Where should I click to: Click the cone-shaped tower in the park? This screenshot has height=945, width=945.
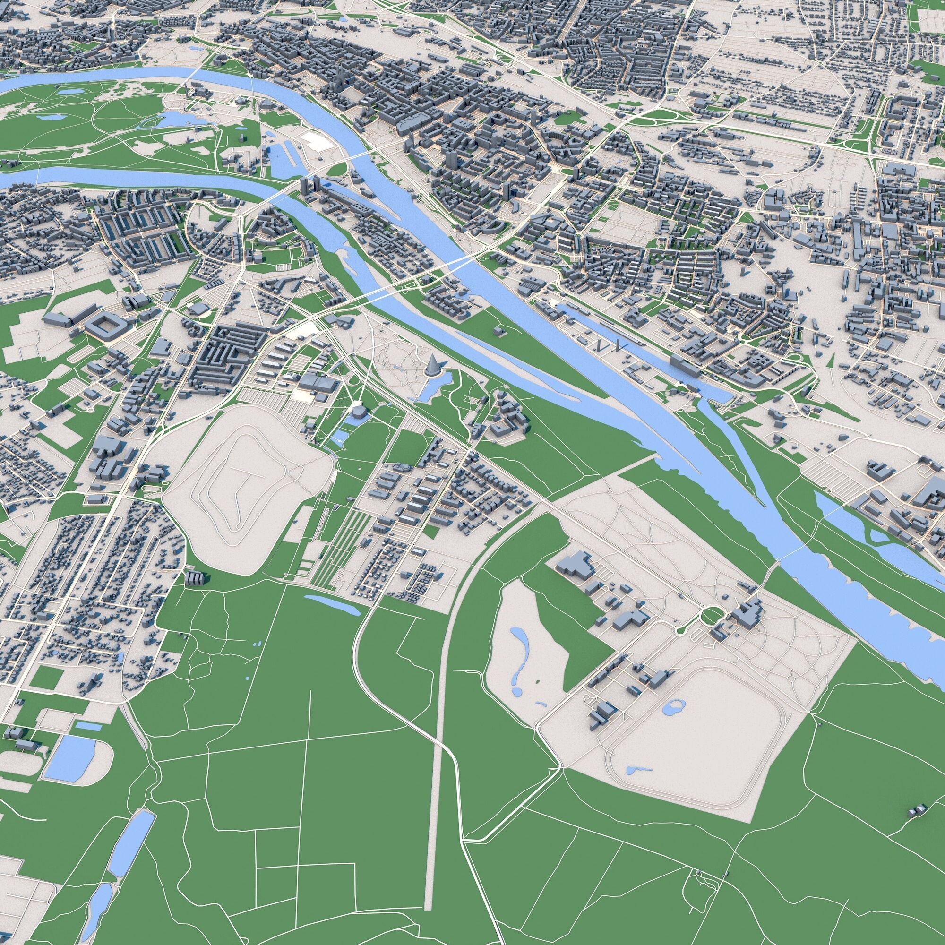tap(432, 366)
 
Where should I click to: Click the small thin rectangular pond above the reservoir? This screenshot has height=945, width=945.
tap(88, 726)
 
